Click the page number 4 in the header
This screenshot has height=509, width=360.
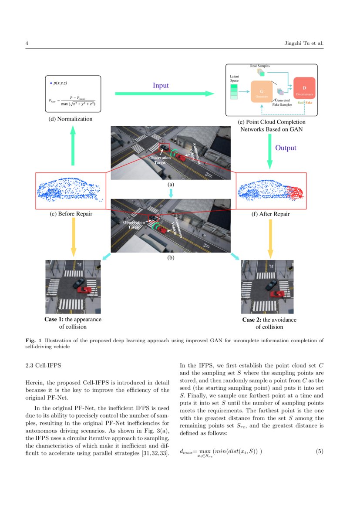(27, 43)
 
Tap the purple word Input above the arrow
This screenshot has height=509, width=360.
(160, 85)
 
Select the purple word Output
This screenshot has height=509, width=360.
(286, 148)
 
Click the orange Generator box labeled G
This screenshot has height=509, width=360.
(262, 92)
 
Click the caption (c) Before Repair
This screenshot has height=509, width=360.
(72, 214)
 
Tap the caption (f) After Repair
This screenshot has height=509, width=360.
(271, 214)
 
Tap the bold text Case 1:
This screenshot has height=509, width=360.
(54, 320)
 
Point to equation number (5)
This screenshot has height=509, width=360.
(320, 451)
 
